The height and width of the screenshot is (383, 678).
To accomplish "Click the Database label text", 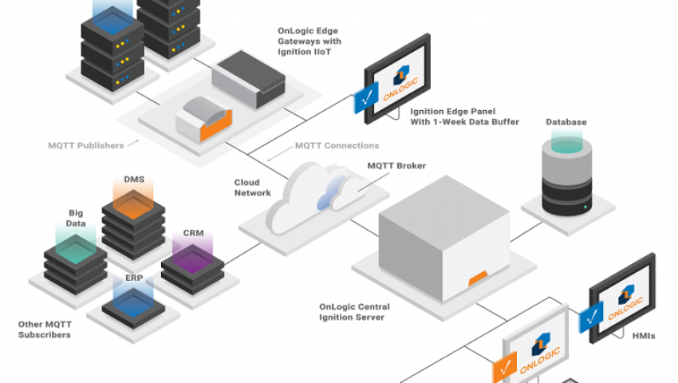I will (566, 122).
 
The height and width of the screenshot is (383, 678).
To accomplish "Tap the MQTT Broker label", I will (396, 166).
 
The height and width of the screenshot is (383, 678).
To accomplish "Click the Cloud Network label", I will (253, 188).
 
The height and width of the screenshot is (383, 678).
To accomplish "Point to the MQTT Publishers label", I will (85, 145).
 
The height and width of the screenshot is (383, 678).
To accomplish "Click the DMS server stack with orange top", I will (133, 215).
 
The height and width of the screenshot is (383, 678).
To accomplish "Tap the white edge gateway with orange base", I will (203, 120).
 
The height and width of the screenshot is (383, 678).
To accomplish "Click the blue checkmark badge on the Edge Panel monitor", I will (366, 102).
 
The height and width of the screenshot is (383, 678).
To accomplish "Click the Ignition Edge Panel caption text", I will (464, 116).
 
